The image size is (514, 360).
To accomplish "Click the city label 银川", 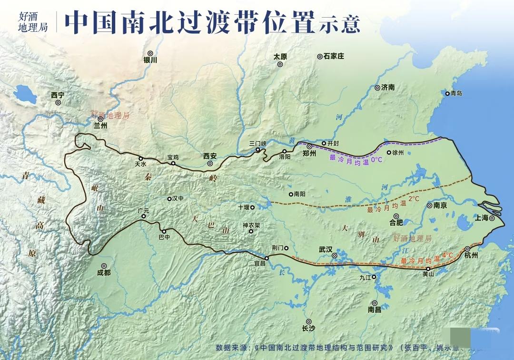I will pos(150,60).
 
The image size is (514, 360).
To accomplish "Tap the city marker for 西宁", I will pos(58,102).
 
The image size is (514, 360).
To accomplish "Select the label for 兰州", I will pos(100,126).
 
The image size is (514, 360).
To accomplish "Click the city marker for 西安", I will pos(210,164).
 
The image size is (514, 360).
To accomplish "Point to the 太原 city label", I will pos(280,56).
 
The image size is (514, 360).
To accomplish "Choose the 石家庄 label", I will pos(334,56).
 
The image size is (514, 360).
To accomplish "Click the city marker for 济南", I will pos(377,88).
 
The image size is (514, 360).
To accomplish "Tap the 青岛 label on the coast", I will pos(456,93).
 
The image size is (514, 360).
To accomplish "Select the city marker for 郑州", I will pos(309,146).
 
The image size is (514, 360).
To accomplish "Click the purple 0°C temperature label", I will pos(376,160).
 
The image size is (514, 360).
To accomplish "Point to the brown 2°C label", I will pos(414,198).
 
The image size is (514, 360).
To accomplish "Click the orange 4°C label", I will pos(447,255).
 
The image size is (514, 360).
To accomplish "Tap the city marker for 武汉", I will pos(335,256).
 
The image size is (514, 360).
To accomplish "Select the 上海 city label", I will pos(482,218).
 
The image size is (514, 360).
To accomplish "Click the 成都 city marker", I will pos(103,267).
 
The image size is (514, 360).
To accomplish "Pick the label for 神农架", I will pos(251,225).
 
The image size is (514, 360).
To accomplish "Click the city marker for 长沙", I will pos(308,321).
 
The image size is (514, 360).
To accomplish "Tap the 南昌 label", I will pos(375,310).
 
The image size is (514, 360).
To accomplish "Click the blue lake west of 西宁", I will pos(25,93).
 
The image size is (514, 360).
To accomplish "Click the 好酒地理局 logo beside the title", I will pos(33,21).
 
